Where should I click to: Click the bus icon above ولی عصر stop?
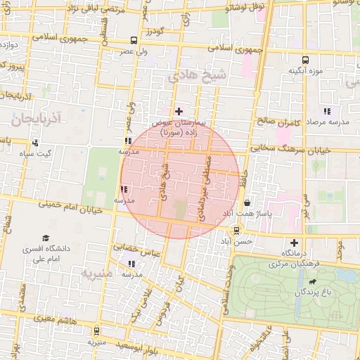[x=134, y=41]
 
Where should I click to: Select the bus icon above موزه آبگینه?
[x=305, y=60]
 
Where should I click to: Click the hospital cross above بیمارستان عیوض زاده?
[x=179, y=111]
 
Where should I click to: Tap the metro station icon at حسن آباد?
[x=236, y=229]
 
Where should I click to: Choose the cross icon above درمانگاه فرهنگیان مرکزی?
[x=293, y=243]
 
